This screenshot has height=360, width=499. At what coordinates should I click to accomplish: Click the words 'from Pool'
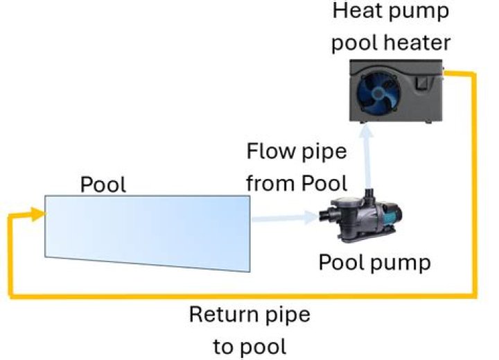coord(296,184)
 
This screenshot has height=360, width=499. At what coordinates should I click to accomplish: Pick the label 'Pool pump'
coord(374,263)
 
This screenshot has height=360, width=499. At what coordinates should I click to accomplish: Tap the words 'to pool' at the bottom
coord(249,345)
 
